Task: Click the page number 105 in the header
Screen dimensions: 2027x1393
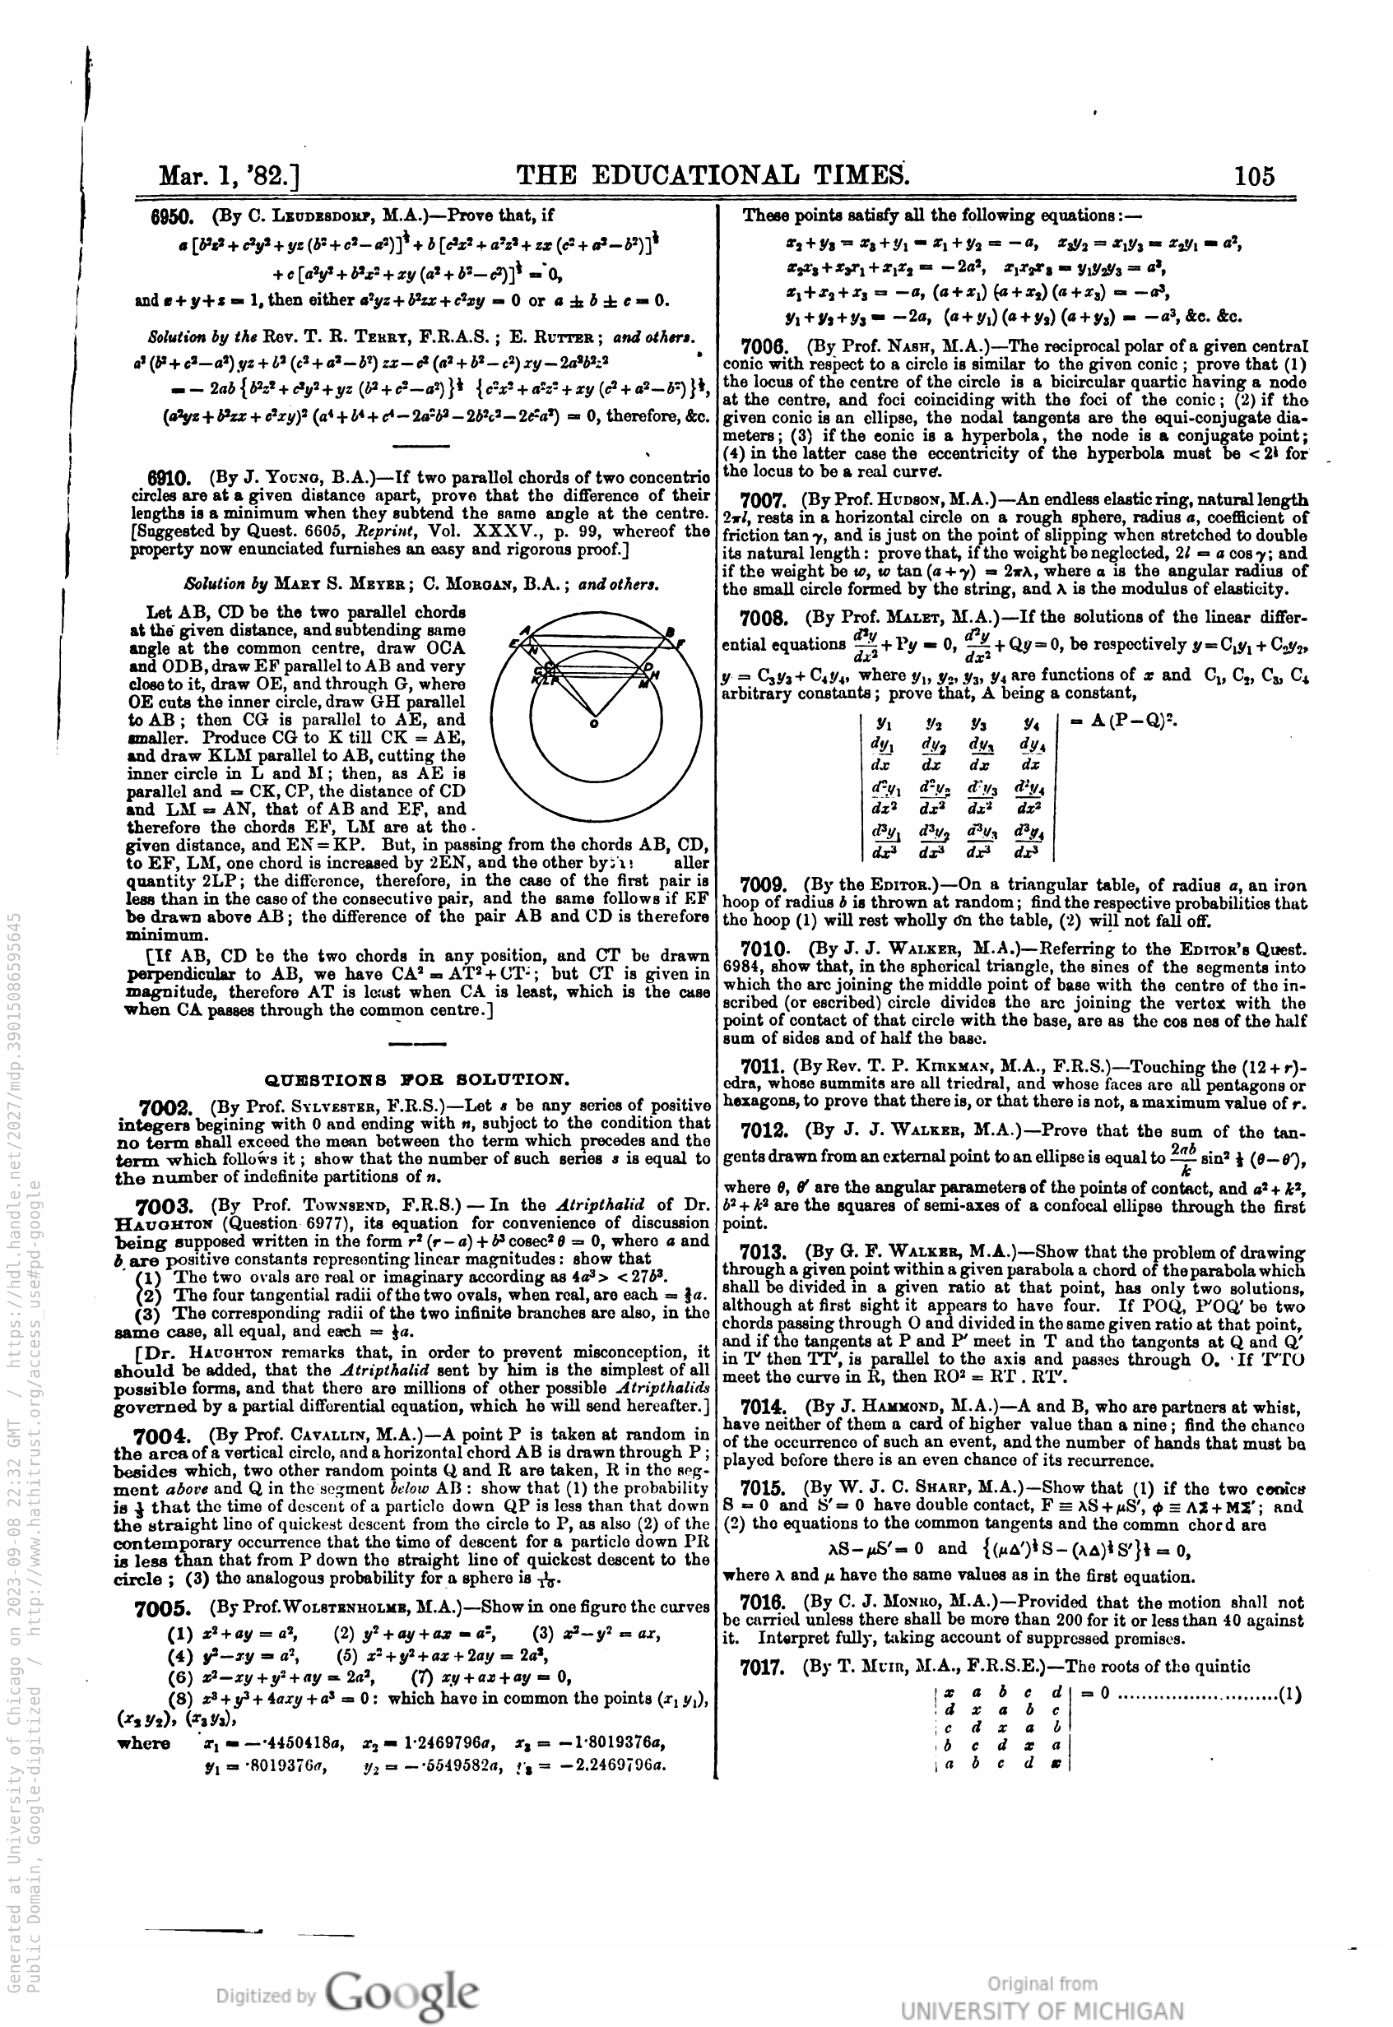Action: coord(1254,175)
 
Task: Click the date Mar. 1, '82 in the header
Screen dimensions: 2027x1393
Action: coord(229,177)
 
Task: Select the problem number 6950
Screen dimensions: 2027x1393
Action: coord(171,216)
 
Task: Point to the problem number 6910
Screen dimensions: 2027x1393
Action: coord(169,478)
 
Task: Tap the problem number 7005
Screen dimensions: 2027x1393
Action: coord(162,1608)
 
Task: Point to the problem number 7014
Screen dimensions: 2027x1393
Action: coord(764,1407)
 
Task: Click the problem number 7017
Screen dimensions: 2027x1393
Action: coord(764,1666)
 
